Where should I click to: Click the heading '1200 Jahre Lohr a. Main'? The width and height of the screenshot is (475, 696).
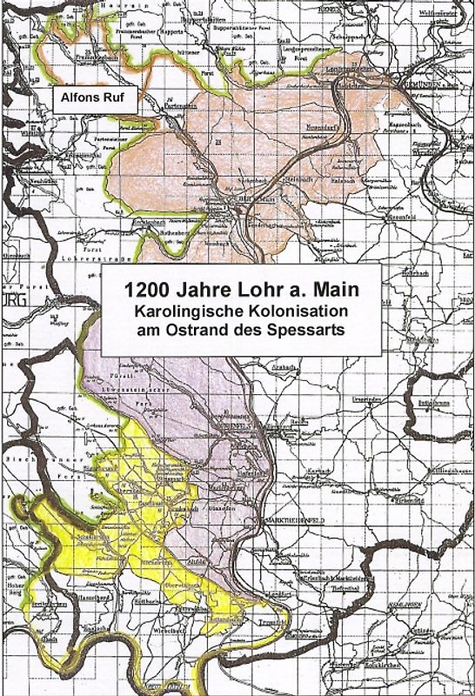(x=240, y=291)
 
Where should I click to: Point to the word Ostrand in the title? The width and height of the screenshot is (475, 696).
(x=225, y=330)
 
